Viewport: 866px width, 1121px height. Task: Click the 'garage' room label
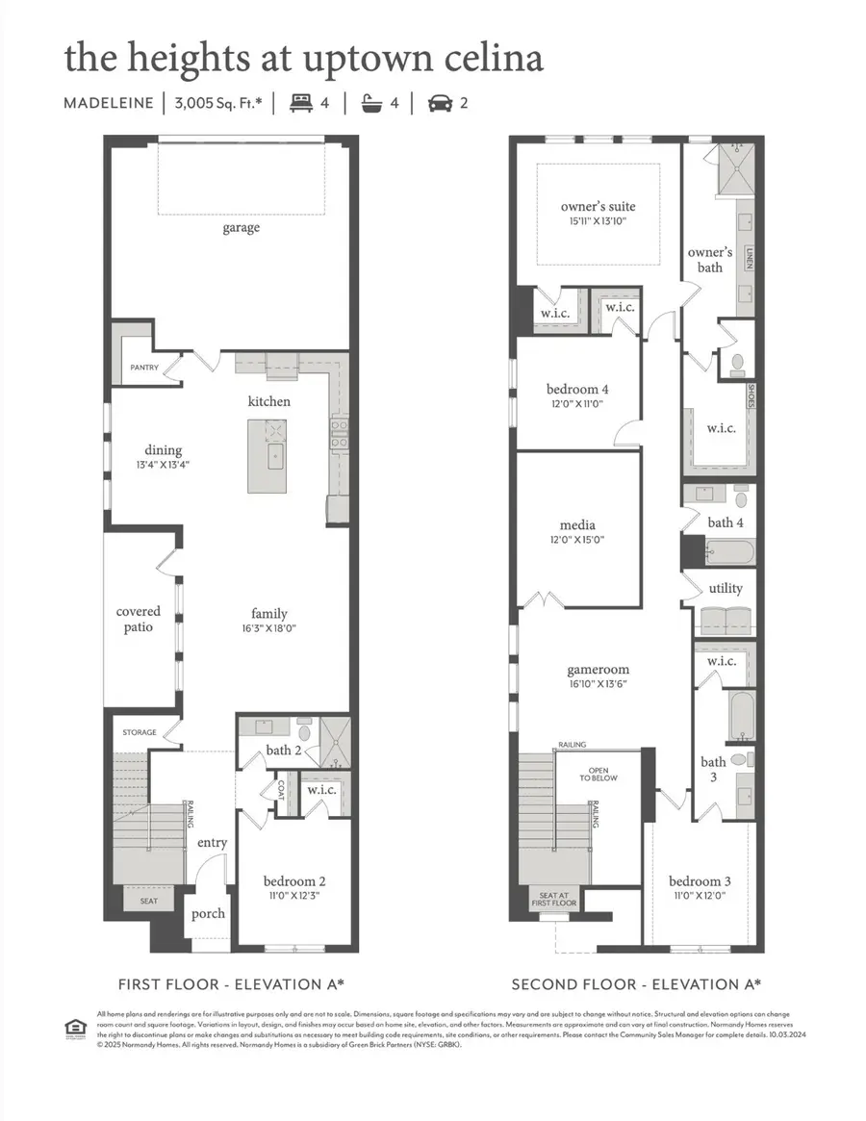coord(242,228)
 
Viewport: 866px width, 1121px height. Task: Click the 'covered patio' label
coord(139,620)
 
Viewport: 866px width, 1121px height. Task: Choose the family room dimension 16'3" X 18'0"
coord(269,629)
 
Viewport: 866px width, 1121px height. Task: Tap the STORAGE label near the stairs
coord(140,733)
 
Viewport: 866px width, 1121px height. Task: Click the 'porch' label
coord(208,912)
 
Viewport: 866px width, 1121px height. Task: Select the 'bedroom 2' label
coord(295,880)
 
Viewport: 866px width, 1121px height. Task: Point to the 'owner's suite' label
coord(598,206)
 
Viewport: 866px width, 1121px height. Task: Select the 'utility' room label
coord(725,587)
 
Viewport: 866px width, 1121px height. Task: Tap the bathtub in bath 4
coord(727,552)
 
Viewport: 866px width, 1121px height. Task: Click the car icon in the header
coord(440,101)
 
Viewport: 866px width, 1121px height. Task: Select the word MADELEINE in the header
coord(109,102)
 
